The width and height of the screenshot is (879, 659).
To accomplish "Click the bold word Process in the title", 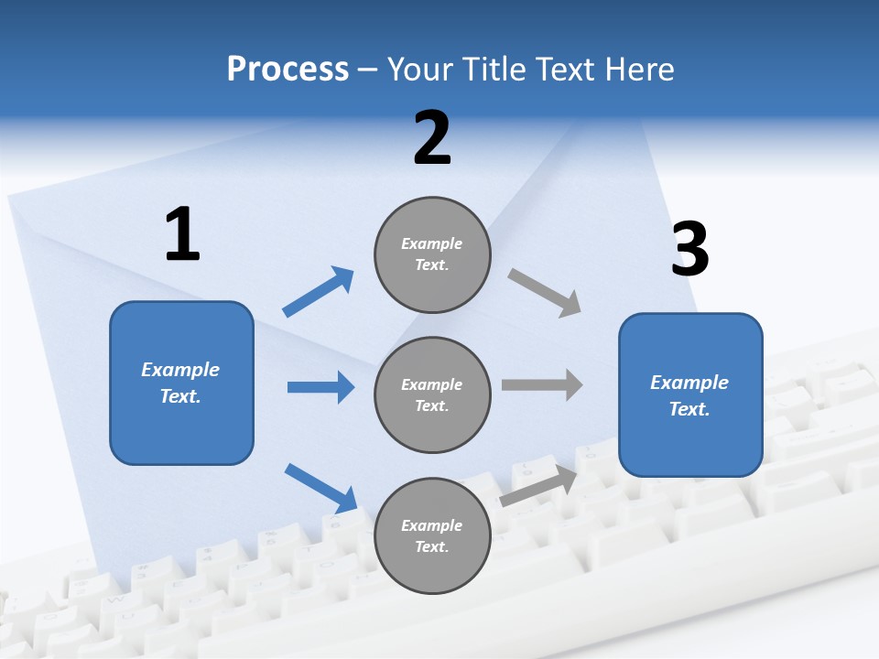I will (x=288, y=70).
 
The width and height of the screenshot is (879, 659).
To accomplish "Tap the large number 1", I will (x=182, y=234).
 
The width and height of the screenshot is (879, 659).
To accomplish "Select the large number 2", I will (x=432, y=138).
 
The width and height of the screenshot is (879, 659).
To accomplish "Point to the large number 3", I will (x=689, y=250).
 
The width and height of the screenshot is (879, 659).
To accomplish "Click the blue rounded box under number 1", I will (x=181, y=383).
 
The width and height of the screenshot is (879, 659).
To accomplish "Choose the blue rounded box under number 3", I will (x=690, y=395).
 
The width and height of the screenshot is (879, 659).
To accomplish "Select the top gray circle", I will (x=432, y=254).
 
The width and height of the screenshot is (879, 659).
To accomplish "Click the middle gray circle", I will (x=432, y=395).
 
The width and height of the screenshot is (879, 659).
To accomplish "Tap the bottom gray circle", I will (x=432, y=536).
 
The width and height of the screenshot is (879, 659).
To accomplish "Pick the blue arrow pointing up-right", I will (x=319, y=292).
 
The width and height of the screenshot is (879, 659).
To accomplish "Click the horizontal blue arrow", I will (x=320, y=387).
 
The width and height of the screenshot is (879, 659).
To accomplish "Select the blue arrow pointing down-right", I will (x=320, y=488).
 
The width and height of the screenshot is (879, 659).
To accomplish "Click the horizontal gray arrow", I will (x=542, y=385).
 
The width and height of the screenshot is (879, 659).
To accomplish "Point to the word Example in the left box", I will (x=180, y=370).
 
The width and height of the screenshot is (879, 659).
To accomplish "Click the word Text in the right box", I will (x=689, y=409).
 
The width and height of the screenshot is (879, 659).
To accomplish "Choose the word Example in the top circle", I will (x=431, y=243).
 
